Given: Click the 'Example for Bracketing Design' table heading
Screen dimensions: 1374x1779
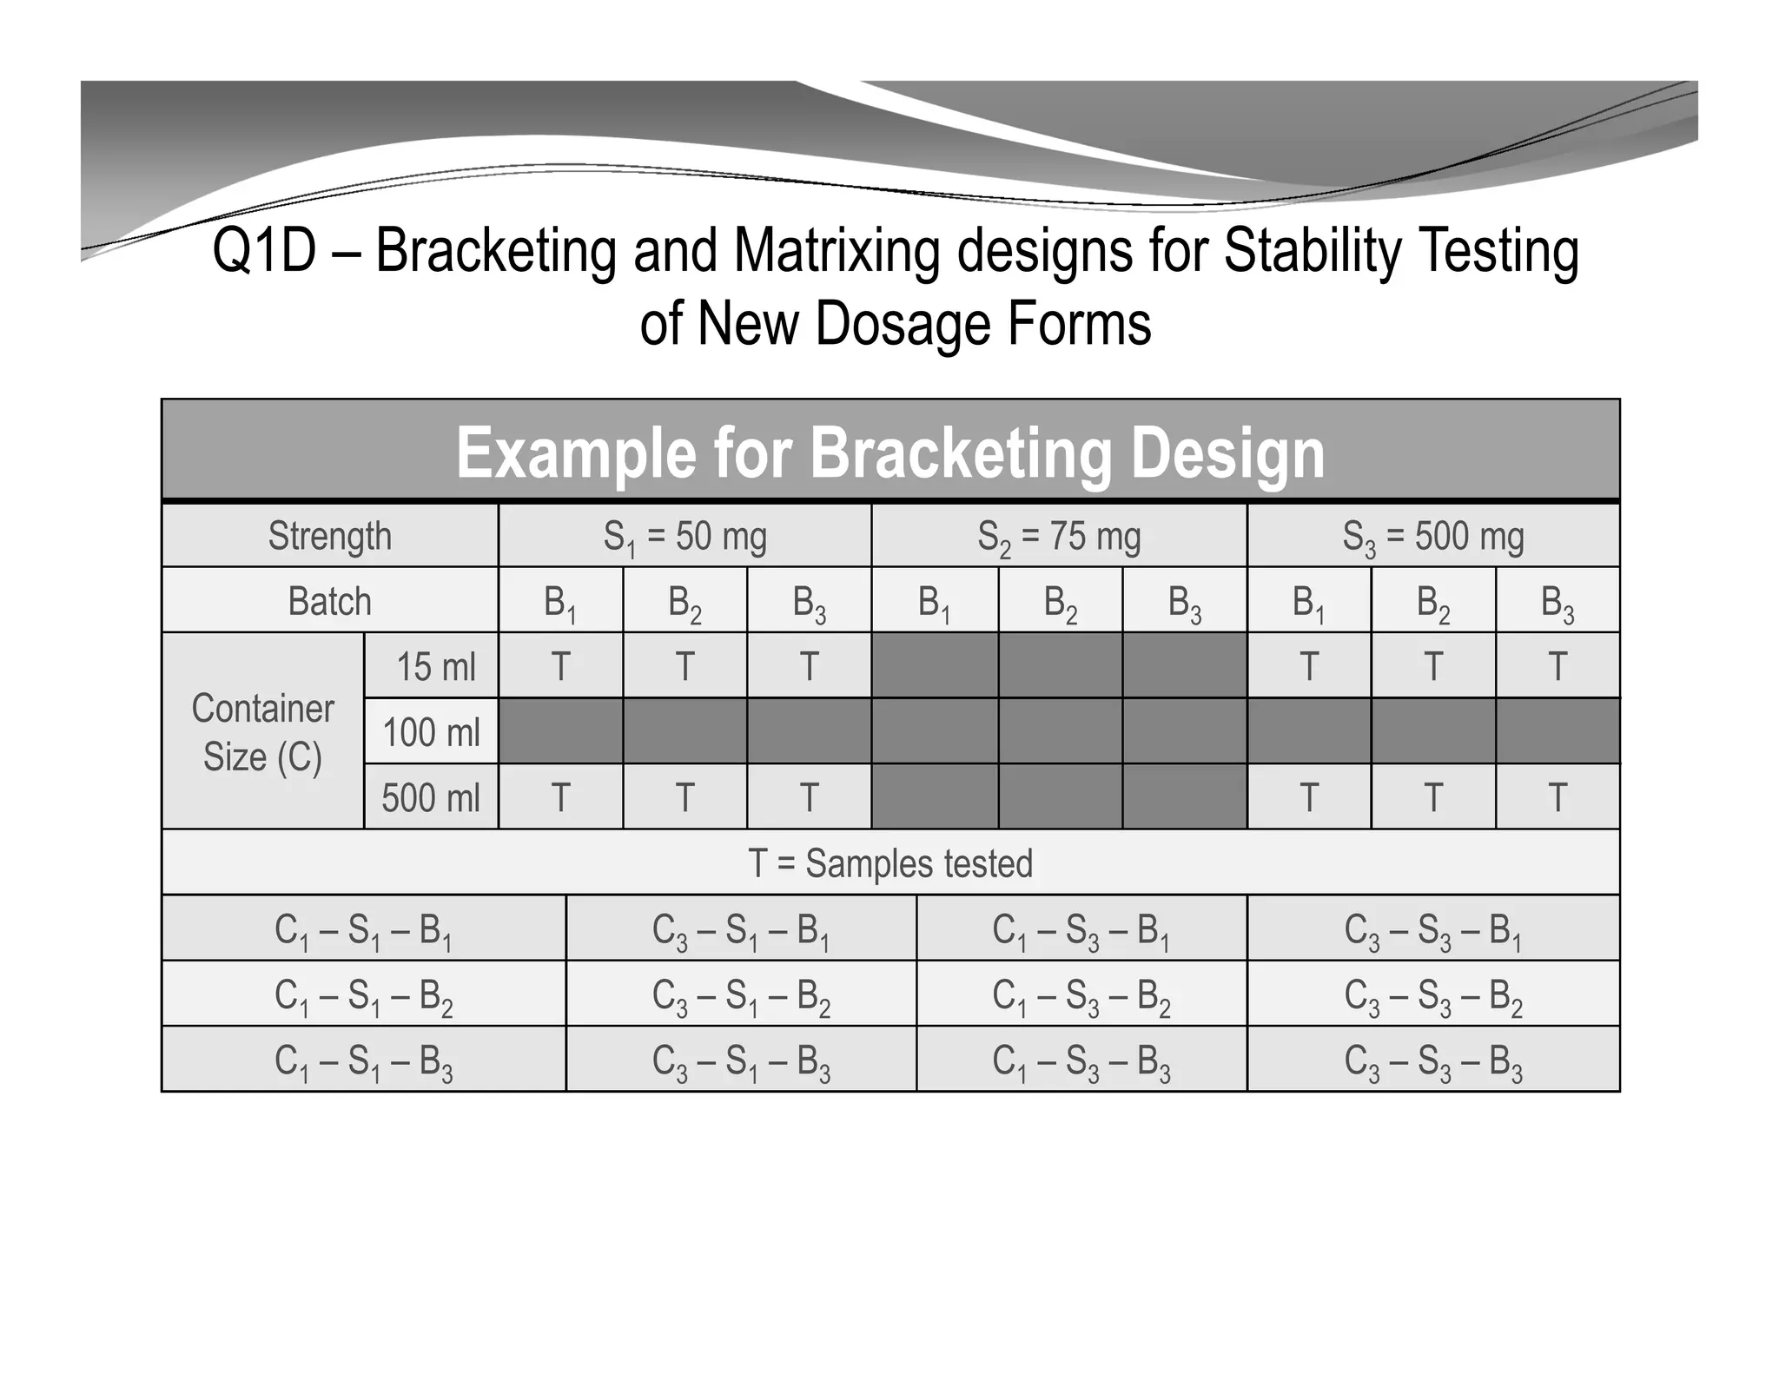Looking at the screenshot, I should [x=890, y=452].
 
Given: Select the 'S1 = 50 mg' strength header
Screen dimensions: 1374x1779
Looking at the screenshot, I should [x=684, y=537].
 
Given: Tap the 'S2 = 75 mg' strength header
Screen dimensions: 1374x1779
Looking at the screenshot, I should [x=1059, y=537].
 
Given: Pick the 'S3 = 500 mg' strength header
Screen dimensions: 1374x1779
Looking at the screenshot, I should [x=1433, y=537].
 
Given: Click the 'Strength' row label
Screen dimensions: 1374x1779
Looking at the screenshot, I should [x=329, y=536].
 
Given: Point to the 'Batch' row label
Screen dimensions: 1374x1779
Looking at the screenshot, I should [x=329, y=601].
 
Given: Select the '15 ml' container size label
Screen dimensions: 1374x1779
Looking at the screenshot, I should [x=436, y=666].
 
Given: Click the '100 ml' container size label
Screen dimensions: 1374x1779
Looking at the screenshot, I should [x=431, y=732].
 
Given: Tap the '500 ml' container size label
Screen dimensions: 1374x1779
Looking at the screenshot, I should [x=431, y=797].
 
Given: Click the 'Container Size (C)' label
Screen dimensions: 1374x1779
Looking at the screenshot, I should [x=262, y=732].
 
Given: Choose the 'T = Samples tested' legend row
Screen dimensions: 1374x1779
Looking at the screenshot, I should [x=890, y=863].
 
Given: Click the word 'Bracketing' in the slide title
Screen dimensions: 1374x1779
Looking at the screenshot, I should [x=495, y=251].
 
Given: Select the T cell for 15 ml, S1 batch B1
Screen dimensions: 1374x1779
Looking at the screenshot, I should [x=561, y=666].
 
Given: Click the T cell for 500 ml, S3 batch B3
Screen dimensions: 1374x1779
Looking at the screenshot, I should [x=1557, y=797].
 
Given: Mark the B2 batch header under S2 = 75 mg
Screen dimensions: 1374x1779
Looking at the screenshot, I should [x=1060, y=601].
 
